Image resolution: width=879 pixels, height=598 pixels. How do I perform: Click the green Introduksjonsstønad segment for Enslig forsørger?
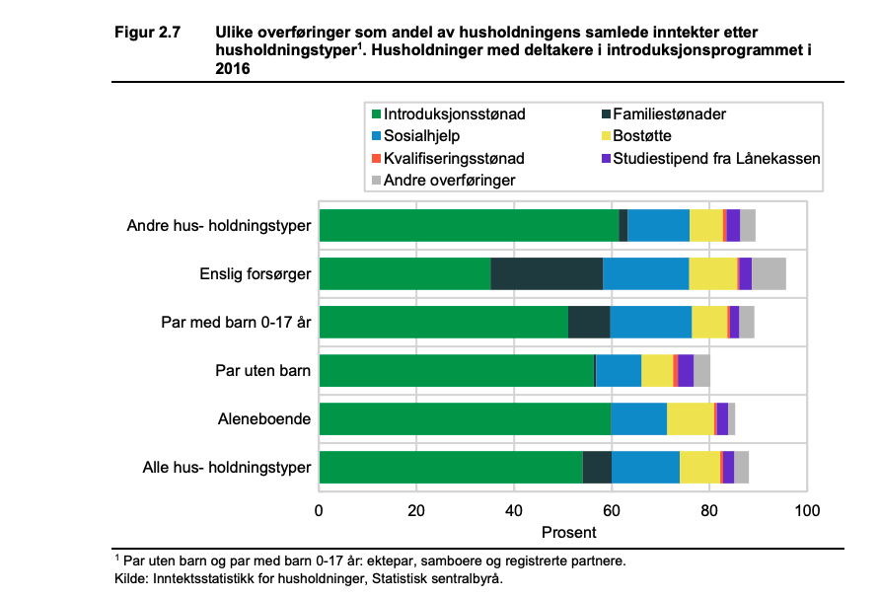[404, 273]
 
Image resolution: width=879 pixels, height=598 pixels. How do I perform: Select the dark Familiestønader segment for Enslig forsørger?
[547, 273]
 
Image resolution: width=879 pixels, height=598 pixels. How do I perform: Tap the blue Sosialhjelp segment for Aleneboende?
[638, 418]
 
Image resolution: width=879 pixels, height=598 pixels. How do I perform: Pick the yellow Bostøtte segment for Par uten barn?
[657, 370]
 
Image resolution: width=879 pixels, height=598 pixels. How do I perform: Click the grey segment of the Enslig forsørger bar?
[769, 273]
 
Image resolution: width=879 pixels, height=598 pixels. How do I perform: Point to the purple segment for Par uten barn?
[686, 370]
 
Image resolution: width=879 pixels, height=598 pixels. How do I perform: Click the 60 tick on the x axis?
[612, 510]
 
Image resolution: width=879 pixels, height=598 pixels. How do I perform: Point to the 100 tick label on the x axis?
[807, 510]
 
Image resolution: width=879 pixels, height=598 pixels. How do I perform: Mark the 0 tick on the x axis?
[320, 510]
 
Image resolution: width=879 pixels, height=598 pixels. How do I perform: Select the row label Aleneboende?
[264, 418]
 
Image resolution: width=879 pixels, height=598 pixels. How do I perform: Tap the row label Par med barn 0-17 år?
[237, 322]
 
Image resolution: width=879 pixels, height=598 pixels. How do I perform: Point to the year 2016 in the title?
[233, 68]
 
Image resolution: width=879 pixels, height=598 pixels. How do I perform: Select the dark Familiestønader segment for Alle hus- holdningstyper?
[597, 467]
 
